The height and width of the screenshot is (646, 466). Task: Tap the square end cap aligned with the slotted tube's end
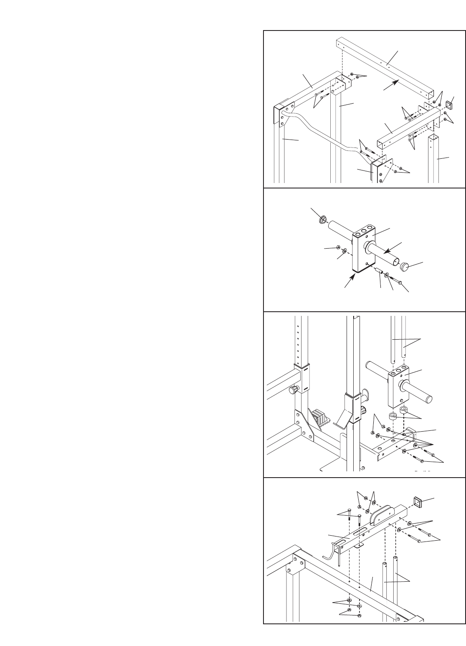(x=418, y=501)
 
